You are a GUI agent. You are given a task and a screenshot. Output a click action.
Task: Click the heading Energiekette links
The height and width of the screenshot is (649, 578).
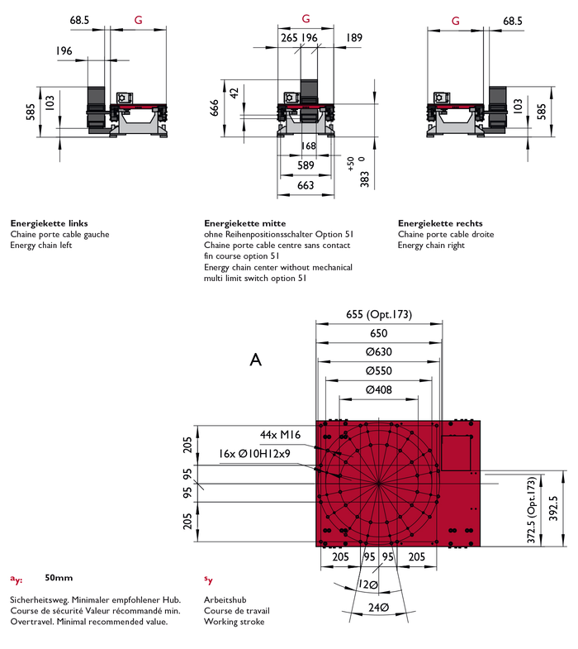pyautogui.click(x=50, y=223)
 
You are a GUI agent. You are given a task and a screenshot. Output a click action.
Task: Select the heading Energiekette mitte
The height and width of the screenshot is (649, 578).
pyautogui.click(x=245, y=223)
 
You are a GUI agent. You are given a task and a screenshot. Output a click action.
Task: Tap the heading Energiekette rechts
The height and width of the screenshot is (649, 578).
pyautogui.click(x=440, y=223)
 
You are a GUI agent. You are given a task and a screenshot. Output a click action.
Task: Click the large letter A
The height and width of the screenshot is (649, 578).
pyautogui.click(x=256, y=360)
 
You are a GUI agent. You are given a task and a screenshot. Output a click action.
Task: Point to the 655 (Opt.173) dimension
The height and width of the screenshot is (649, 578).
pyautogui.click(x=378, y=314)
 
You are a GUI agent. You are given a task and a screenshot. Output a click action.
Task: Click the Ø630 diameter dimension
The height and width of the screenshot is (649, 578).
pyautogui.click(x=378, y=352)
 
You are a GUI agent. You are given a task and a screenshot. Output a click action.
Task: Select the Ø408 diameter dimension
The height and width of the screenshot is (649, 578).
pyautogui.click(x=378, y=390)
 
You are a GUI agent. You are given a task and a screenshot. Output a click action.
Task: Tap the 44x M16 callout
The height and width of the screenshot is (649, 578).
pyautogui.click(x=279, y=435)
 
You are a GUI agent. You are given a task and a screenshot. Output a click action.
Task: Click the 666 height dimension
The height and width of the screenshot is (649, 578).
pyautogui.click(x=216, y=107)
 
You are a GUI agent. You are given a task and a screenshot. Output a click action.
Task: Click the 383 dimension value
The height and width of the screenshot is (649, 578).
pyautogui.click(x=364, y=180)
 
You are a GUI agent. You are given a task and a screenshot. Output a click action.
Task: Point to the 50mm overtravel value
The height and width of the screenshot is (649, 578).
pyautogui.click(x=59, y=578)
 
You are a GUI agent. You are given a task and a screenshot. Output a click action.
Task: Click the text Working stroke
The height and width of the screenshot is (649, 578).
pyautogui.click(x=234, y=621)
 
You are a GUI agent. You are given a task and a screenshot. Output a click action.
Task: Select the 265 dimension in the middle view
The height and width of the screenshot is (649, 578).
pyautogui.click(x=289, y=38)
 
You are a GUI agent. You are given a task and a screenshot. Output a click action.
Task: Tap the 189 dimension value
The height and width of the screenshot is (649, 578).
pyautogui.click(x=354, y=38)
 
